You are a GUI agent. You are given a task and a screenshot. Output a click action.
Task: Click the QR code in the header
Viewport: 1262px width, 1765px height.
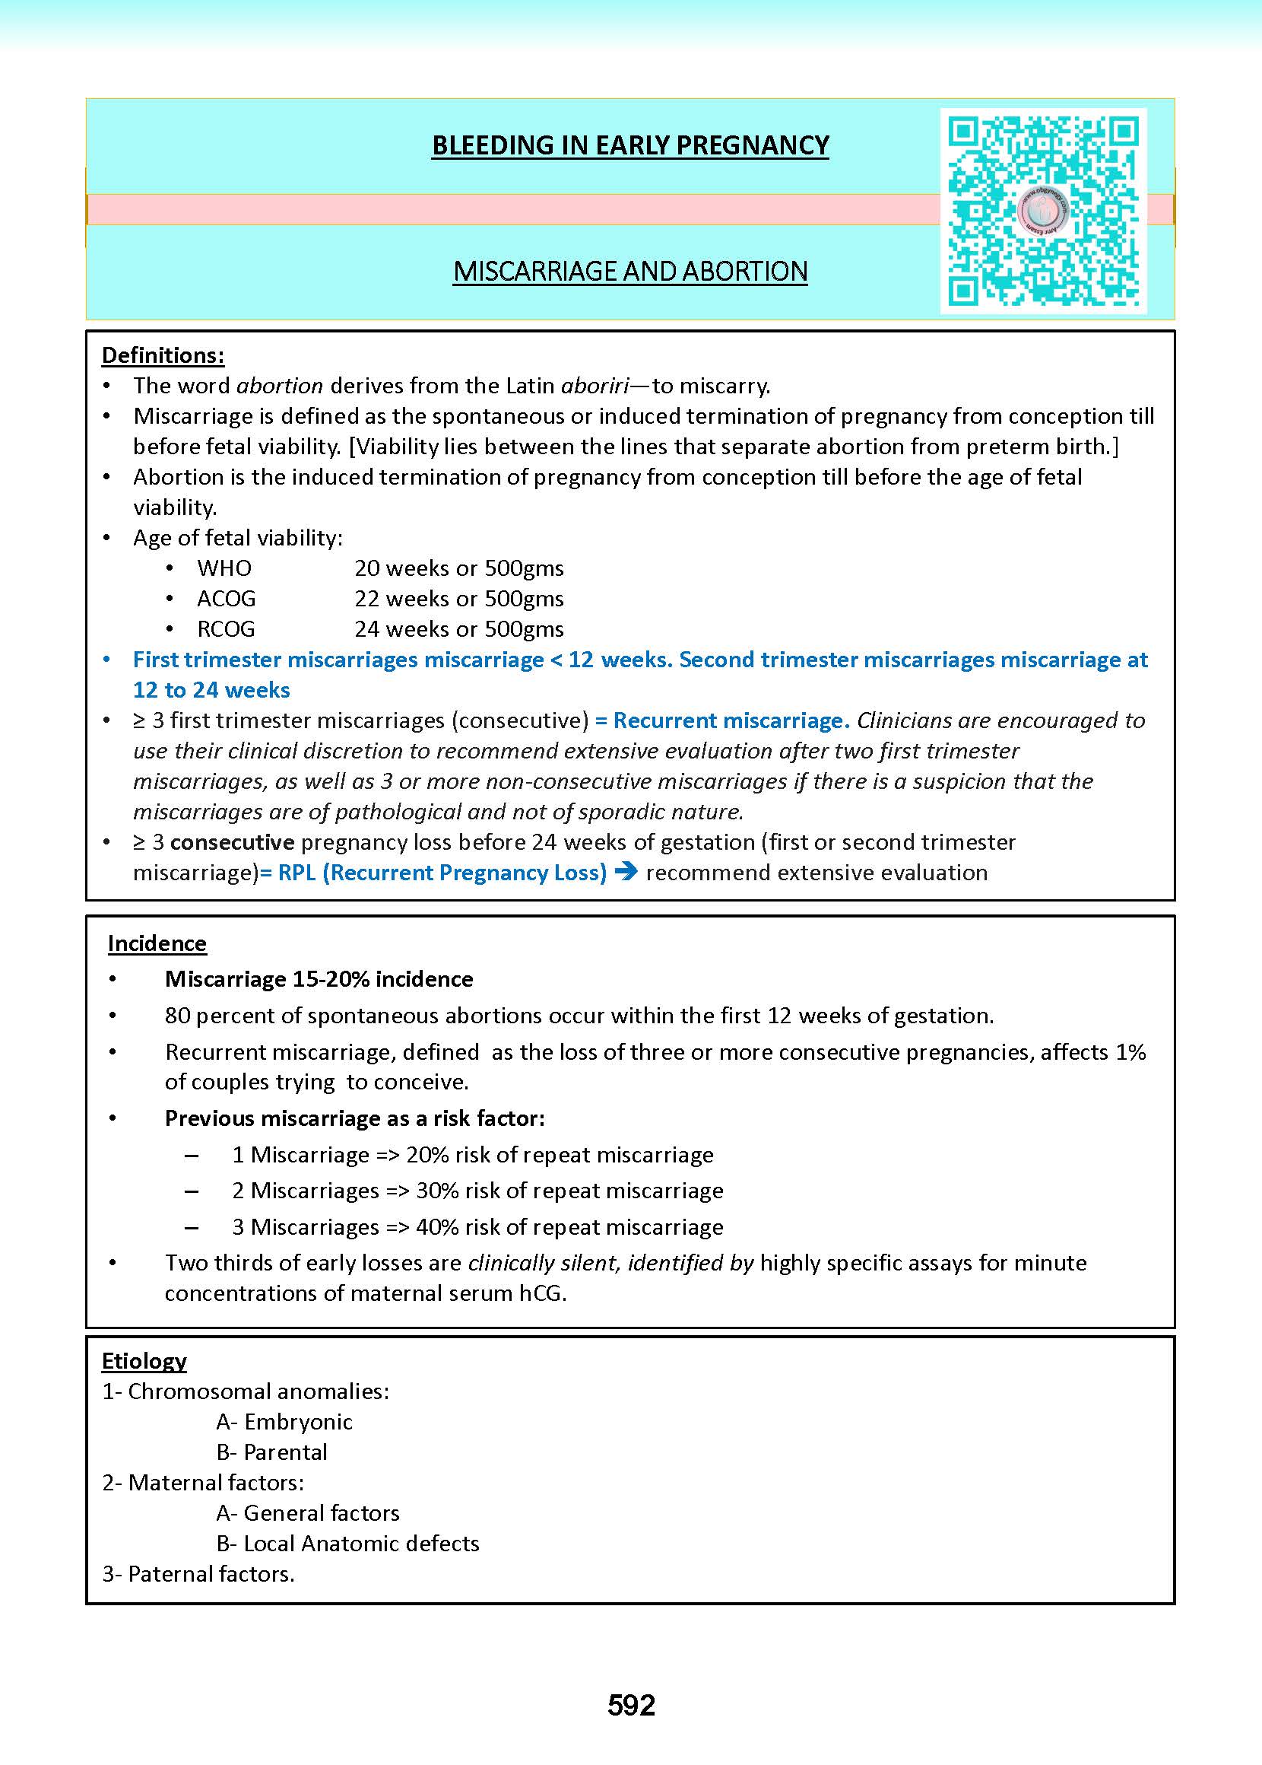point(1043,211)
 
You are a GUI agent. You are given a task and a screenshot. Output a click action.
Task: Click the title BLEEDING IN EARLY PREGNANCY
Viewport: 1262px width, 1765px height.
point(630,145)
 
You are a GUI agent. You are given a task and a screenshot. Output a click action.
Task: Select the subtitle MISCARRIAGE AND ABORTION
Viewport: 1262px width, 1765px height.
point(630,272)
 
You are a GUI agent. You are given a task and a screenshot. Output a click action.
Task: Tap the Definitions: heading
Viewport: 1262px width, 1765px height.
point(163,355)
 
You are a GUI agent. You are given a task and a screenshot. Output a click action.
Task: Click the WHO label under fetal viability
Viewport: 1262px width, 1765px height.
point(224,568)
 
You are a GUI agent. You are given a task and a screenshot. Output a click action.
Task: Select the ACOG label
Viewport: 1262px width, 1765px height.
point(226,599)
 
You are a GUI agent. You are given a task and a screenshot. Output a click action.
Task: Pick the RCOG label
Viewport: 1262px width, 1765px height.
point(226,629)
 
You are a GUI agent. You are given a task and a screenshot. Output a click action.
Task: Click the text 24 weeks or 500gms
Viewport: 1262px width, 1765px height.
point(458,629)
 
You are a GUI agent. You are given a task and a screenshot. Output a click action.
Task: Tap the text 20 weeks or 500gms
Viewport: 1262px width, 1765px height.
point(458,568)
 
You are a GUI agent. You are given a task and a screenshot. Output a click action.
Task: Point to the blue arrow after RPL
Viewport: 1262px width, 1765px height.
point(626,873)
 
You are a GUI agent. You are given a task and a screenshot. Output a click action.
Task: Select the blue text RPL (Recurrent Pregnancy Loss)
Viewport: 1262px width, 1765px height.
point(442,873)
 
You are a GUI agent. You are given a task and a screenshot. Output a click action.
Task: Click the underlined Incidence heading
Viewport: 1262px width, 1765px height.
point(157,943)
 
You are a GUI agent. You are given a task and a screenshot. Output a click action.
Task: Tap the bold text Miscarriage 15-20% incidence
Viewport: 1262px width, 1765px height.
point(319,979)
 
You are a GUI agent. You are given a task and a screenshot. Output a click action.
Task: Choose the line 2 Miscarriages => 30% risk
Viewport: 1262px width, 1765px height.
point(477,1191)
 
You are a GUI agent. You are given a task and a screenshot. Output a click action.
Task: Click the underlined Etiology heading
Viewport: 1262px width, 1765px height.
point(144,1361)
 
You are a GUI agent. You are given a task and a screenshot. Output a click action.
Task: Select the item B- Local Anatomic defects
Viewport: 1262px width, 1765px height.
point(347,1544)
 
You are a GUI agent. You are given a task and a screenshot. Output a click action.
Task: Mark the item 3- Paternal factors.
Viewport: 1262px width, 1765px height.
point(198,1574)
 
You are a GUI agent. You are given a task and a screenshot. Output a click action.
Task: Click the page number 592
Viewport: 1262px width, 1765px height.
point(631,1705)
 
